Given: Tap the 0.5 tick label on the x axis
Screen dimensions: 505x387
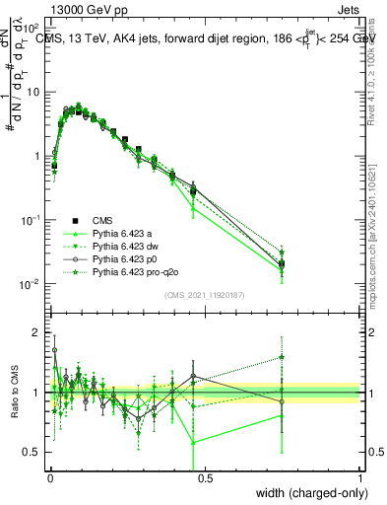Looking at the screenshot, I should coord(204,477).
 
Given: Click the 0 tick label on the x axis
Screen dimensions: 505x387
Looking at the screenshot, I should coord(48,477).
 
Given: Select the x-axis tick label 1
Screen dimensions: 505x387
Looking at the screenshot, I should coord(360,477).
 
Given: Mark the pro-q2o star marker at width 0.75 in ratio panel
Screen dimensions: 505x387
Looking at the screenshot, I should coord(282,357).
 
